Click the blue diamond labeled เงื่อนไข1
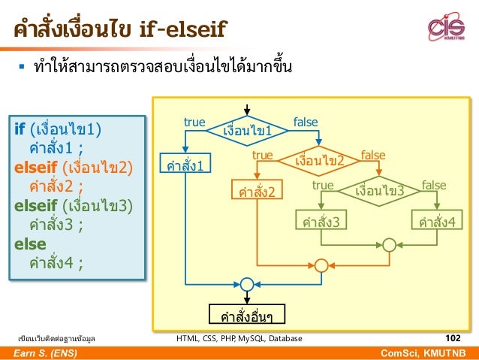coord(247,131)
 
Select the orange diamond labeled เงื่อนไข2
coord(319,160)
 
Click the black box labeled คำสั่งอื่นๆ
coord(246,313)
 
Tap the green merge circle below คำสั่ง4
coord(389,245)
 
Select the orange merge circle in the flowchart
coord(321,265)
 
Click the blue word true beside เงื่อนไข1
coord(194,122)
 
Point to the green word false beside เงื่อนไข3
coord(433,184)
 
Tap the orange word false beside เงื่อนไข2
coord(373,154)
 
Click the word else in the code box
coord(31,244)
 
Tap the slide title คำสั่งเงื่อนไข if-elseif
coord(119,30)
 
